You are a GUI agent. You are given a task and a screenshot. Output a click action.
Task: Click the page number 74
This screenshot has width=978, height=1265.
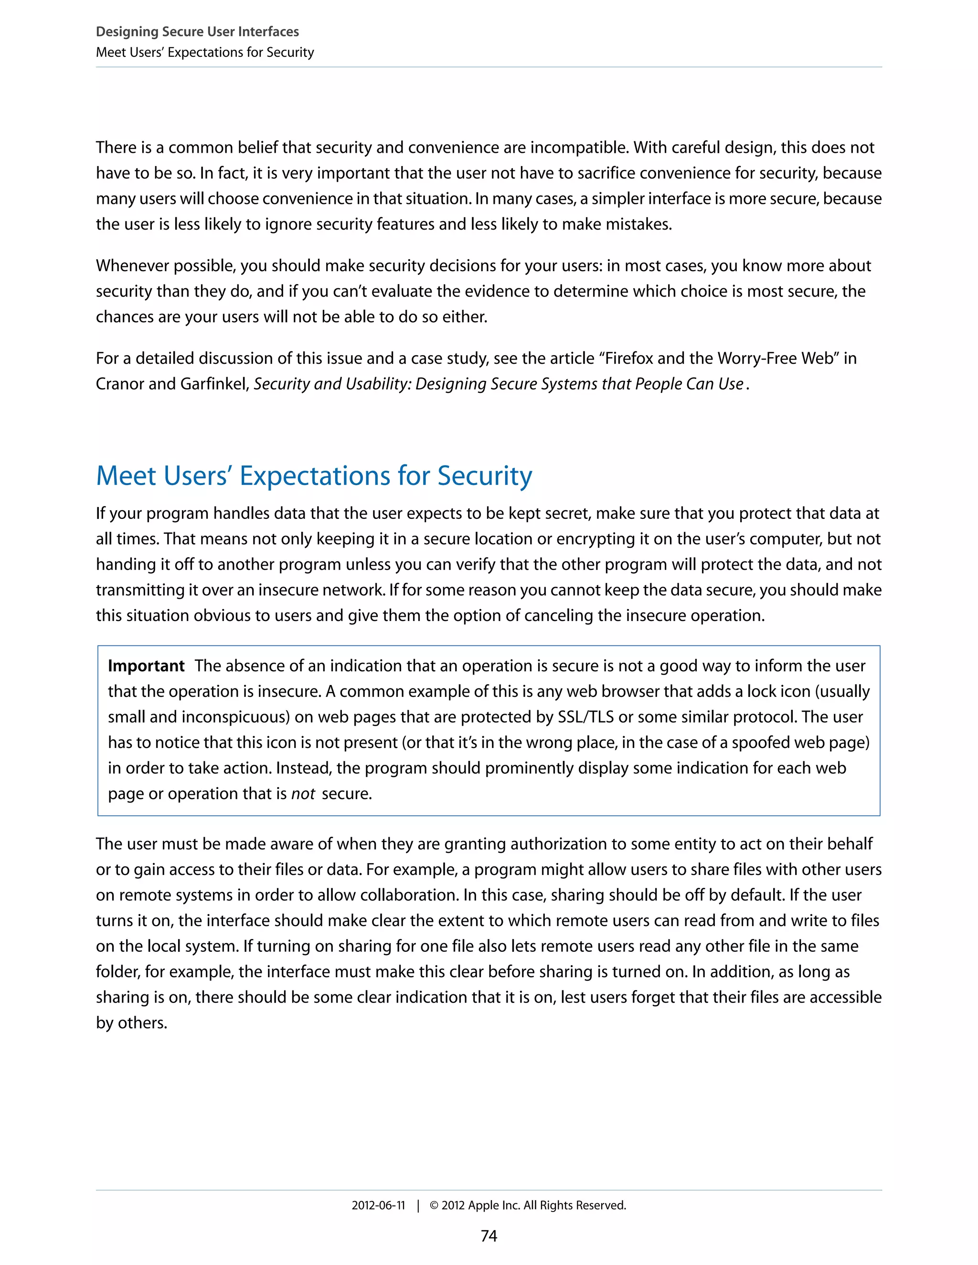click(489, 1235)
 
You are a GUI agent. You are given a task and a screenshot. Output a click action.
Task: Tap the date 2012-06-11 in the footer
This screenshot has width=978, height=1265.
click(378, 1205)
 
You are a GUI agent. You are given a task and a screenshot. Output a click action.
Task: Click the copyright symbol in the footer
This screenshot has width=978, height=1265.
click(434, 1205)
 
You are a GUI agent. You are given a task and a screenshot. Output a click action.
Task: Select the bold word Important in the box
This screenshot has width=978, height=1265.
click(146, 665)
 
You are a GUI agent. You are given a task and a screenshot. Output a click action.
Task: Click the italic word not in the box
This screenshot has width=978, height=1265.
click(302, 793)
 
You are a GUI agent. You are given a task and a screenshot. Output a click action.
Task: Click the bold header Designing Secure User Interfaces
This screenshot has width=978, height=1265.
click(197, 32)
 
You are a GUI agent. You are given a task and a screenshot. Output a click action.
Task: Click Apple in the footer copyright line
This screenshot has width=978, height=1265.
click(483, 1205)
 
